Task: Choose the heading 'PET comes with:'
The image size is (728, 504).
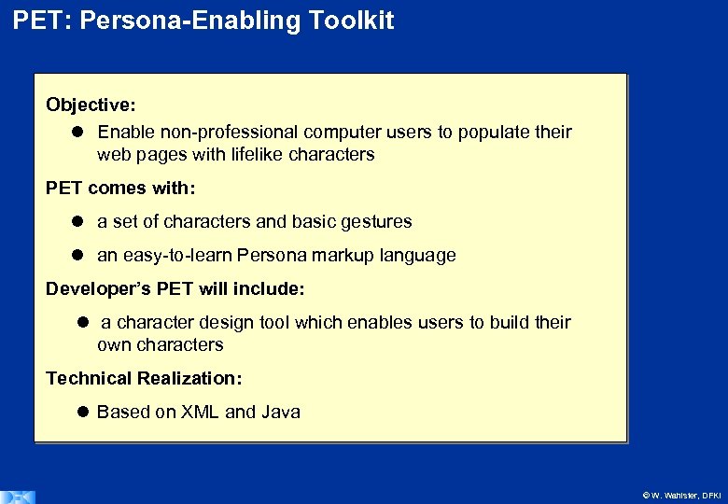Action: click(120, 189)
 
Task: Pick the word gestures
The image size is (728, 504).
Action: click(376, 222)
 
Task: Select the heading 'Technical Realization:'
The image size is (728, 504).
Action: click(144, 379)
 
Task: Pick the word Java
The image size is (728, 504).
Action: click(281, 413)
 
